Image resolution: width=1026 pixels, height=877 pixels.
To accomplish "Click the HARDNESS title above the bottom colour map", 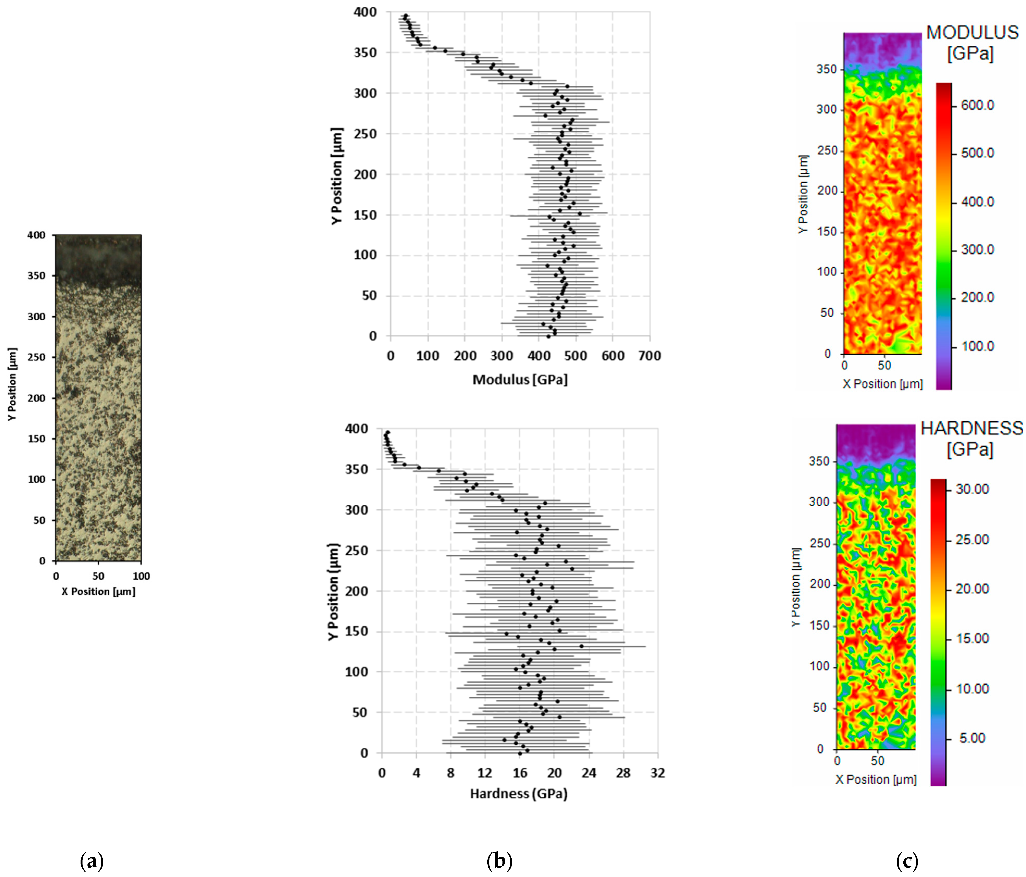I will tap(971, 428).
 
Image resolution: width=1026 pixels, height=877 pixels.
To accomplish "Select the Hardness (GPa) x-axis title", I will tap(519, 794).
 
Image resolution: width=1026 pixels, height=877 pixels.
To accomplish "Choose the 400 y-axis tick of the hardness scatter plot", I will tap(357, 429).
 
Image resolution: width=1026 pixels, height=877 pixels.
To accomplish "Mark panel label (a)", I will tap(92, 862).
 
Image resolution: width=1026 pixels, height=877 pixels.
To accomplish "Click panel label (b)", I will tap(499, 862).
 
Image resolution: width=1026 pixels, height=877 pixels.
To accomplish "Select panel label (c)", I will tap(907, 862).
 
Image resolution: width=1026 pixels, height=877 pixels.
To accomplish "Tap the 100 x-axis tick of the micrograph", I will tap(141, 576).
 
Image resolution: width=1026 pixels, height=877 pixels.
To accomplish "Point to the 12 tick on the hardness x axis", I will tap(485, 773).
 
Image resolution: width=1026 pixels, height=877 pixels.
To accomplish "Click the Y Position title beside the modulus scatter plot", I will tap(337, 176).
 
